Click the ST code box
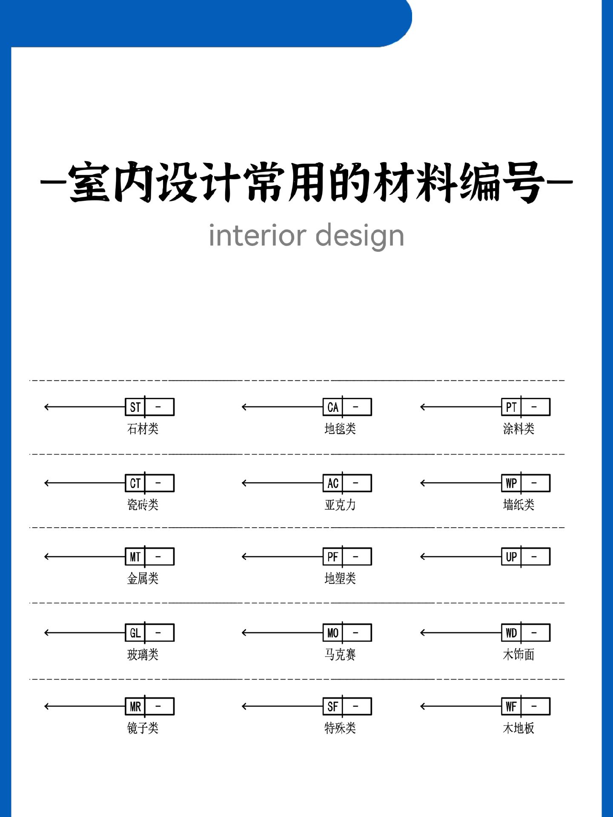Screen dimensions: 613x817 click(149, 407)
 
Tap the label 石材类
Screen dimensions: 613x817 click(143, 428)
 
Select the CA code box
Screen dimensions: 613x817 click(347, 407)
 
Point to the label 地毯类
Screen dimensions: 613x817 click(340, 428)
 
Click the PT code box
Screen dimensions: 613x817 click(526, 407)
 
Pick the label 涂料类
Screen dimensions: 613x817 click(518, 428)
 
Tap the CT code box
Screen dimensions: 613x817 click(149, 483)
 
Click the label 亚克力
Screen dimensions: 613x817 click(340, 505)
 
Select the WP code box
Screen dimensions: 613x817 click(526, 483)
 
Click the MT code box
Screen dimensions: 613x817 click(149, 557)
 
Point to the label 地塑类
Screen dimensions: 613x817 click(340, 578)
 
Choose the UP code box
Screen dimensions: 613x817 click(526, 557)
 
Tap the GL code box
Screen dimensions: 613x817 click(149, 633)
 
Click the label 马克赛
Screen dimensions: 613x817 click(340, 654)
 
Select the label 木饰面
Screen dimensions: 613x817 click(518, 654)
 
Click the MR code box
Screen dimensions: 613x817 click(149, 706)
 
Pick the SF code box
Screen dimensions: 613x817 click(347, 706)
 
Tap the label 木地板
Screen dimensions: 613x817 click(518, 728)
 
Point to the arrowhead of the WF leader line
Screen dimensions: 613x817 click(421, 706)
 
